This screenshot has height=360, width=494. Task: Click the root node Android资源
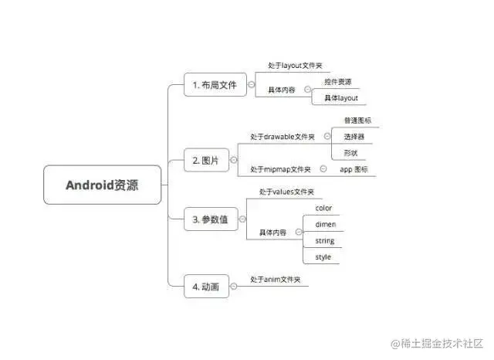102,185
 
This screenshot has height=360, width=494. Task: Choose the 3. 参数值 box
211,219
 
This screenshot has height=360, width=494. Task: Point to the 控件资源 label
338,81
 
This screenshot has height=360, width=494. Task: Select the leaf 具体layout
340,98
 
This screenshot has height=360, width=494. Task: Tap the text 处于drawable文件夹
283,137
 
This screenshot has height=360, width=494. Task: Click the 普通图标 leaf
357,121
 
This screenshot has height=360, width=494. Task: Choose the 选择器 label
354,137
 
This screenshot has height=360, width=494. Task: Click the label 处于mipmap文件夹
280,168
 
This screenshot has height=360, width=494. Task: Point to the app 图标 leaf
354,168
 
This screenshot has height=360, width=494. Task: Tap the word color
323,208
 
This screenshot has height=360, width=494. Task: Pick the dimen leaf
325,224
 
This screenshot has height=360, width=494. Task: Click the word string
324,240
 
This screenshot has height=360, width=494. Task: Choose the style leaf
323,256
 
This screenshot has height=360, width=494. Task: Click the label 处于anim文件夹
276,280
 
